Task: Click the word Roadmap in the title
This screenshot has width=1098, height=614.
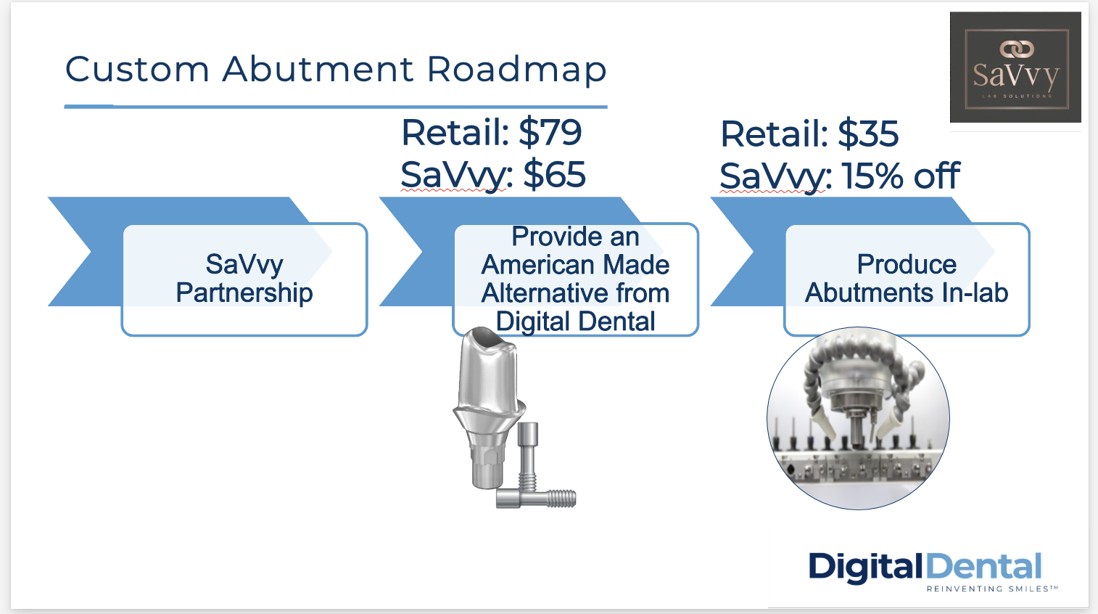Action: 516,70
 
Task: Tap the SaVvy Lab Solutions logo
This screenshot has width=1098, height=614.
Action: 1015,67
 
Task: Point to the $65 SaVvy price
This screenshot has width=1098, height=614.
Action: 554,175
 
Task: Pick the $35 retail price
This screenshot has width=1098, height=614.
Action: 868,134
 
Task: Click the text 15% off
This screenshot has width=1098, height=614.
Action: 900,176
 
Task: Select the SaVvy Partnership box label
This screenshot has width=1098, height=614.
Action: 244,278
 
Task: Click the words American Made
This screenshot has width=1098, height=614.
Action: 575,265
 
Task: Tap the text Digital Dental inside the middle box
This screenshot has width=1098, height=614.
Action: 575,322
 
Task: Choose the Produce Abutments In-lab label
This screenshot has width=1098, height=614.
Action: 907,278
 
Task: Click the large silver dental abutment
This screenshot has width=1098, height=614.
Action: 488,408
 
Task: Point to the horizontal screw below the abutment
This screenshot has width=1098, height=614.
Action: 536,499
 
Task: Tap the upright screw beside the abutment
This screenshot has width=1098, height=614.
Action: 528,456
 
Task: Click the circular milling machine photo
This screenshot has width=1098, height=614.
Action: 858,418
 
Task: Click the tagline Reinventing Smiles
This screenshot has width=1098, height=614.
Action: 992,589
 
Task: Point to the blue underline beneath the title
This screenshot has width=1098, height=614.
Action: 336,107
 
